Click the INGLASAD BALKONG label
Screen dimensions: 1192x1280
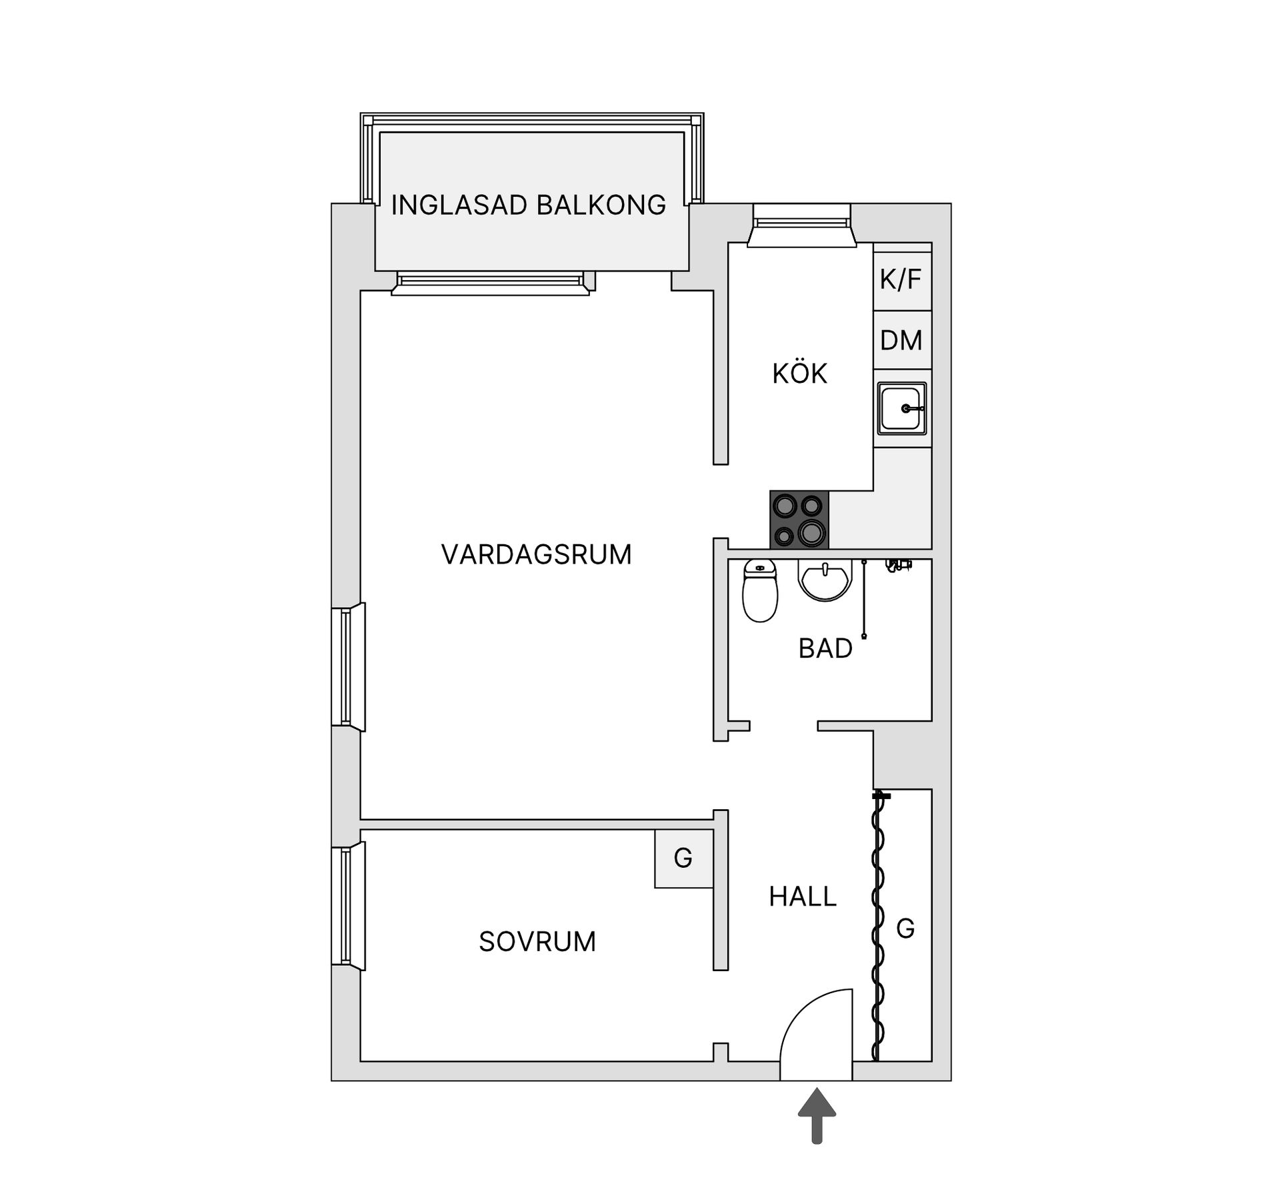(x=528, y=205)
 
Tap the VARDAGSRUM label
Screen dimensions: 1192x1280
(x=536, y=554)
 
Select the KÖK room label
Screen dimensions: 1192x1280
(x=799, y=374)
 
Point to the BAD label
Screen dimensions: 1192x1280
(x=825, y=648)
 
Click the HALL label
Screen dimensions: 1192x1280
(x=803, y=897)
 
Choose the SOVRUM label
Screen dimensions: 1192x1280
(x=537, y=941)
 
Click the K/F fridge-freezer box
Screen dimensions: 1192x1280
(x=901, y=279)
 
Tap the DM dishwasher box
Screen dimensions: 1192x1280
(x=901, y=340)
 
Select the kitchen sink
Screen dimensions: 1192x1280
(x=901, y=408)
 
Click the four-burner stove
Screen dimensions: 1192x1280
(x=799, y=520)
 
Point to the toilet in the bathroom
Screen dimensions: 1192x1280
(x=760, y=590)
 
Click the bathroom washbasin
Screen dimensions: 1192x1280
(x=825, y=579)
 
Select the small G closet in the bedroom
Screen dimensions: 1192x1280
(x=683, y=858)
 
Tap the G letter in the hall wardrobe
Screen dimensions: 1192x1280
(x=905, y=928)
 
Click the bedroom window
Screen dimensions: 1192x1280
(x=348, y=905)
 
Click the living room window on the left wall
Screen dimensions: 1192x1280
(x=348, y=667)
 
